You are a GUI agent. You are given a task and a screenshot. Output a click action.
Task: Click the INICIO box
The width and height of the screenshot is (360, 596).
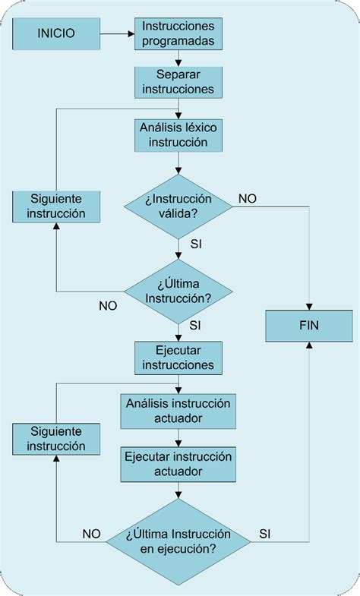click(x=56, y=34)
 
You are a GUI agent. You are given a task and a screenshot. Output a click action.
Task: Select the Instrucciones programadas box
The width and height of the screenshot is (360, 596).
click(x=178, y=33)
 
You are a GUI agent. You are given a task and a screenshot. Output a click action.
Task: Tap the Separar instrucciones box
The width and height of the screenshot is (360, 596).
click(x=178, y=82)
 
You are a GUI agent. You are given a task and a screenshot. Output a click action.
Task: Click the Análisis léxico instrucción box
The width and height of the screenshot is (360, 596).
click(x=178, y=134)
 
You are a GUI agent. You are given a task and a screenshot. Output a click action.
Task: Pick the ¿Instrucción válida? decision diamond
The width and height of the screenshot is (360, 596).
click(x=178, y=206)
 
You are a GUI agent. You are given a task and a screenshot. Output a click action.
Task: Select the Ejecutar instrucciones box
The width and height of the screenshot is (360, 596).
click(x=178, y=358)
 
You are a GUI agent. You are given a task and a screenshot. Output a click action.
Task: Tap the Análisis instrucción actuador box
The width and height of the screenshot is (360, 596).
click(x=178, y=411)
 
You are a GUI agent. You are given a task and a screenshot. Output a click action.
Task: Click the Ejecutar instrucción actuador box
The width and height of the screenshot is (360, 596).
click(x=178, y=464)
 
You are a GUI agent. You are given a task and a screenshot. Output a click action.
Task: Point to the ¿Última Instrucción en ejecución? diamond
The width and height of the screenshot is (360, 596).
click(x=178, y=541)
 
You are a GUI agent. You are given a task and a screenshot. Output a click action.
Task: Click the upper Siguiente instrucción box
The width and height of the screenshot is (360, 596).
click(x=55, y=206)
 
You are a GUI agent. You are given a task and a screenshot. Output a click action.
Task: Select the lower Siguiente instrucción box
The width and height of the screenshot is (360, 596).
click(x=55, y=439)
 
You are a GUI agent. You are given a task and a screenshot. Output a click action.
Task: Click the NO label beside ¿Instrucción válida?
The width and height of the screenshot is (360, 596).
click(x=247, y=198)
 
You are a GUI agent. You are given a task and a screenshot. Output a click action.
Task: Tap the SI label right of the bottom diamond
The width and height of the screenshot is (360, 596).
click(x=265, y=534)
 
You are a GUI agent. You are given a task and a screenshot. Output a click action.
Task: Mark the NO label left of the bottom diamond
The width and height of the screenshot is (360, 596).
click(x=91, y=534)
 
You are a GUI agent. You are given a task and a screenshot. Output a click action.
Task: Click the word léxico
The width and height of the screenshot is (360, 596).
click(x=200, y=127)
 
